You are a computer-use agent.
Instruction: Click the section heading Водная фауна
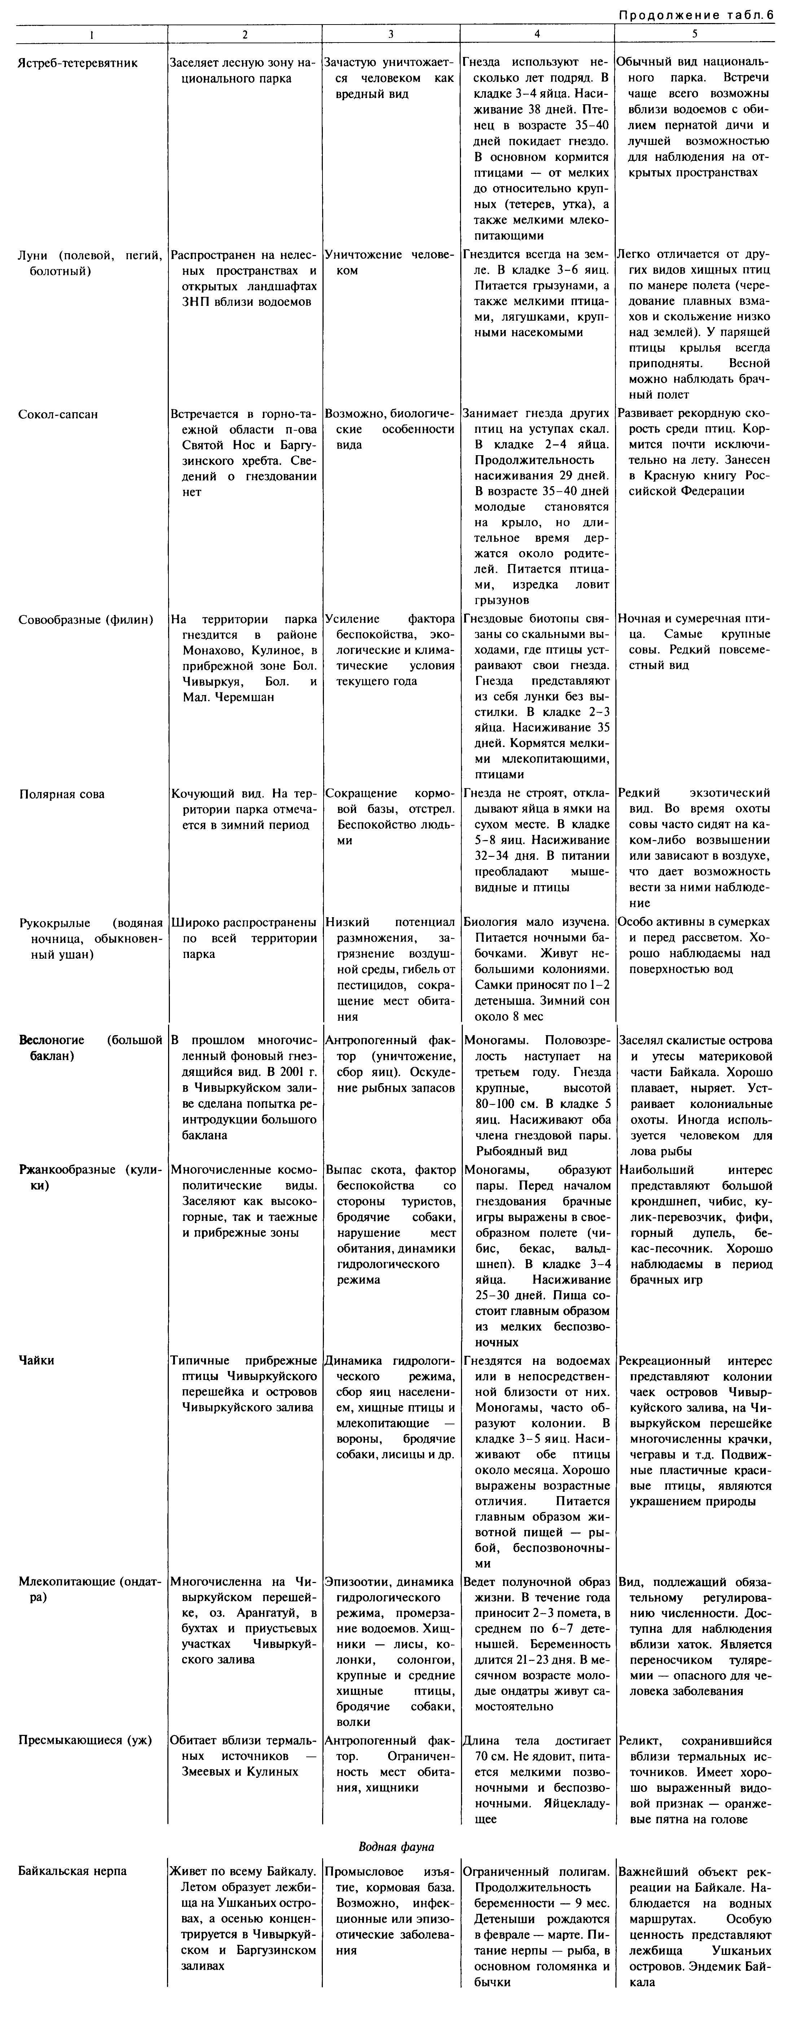coord(396,1846)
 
